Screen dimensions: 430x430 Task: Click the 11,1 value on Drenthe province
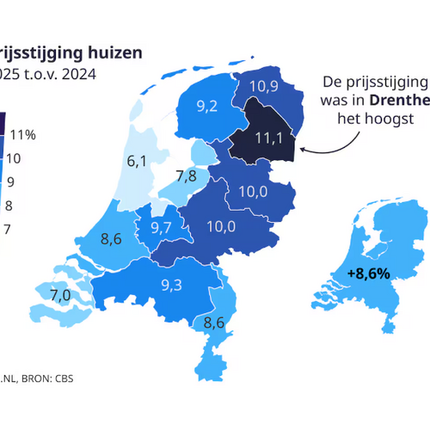click(267, 138)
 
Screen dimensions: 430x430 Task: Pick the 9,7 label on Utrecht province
click(161, 228)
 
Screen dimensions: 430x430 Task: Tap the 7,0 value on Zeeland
click(59, 296)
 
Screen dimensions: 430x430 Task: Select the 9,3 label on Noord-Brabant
click(171, 285)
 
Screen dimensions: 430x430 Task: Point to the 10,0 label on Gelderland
click(222, 226)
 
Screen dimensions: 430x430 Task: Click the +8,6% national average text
click(369, 273)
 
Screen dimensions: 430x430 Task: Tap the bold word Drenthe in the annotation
click(401, 100)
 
